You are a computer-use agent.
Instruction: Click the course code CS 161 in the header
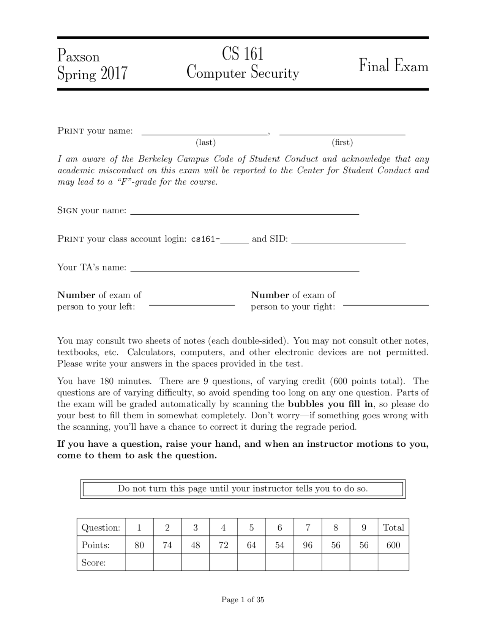pos(243,53)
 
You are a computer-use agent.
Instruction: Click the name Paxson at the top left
pos(79,56)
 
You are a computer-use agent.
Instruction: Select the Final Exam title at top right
pos(393,66)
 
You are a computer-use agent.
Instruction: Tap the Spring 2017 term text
pos(92,73)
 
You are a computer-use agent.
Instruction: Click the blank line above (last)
pos(204,134)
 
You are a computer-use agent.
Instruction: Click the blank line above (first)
pos(342,134)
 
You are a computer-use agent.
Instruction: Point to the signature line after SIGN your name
pos(245,214)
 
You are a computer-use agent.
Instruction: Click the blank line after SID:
pos(348,242)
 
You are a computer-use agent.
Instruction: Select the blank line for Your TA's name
pos(245,271)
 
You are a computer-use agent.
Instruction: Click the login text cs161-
pos(205,239)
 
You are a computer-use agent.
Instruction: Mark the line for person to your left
pos(192,305)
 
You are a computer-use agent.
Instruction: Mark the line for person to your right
pos(385,305)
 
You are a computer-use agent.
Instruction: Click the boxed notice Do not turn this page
pos(243,488)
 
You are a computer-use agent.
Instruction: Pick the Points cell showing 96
pos(308,545)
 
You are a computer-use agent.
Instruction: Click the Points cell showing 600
pos(393,545)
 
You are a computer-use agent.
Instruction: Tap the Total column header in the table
pos(393,527)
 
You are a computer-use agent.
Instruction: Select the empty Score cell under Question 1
pos(139,562)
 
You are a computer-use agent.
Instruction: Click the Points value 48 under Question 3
pos(195,545)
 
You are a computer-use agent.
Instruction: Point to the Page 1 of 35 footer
pos(243,600)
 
